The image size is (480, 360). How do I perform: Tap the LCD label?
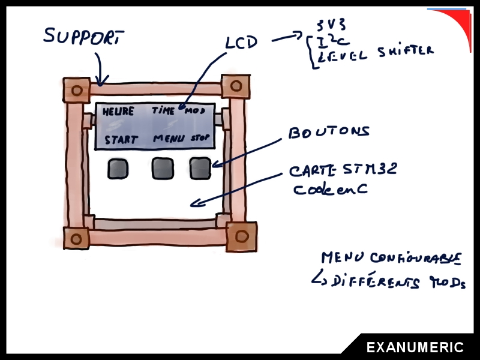coord(241,43)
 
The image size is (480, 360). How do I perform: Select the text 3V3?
coord(331,25)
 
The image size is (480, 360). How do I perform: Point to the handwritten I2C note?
coord(328,40)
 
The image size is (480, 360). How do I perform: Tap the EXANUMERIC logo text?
coord(415,347)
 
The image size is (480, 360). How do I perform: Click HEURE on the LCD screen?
coord(118,112)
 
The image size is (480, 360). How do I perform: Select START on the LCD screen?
coord(121,140)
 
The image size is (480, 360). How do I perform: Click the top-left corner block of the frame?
coord(76,91)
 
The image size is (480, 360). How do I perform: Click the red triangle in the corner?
coord(458,24)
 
